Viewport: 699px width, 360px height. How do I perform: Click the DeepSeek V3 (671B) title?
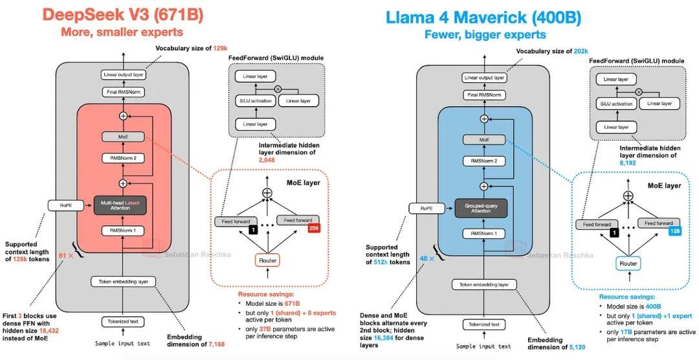point(122,14)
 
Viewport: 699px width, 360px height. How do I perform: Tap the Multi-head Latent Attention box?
point(122,205)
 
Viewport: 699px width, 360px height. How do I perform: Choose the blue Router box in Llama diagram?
point(628,264)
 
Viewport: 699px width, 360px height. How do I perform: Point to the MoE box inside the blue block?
point(483,140)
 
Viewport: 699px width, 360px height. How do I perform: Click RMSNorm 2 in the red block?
point(122,157)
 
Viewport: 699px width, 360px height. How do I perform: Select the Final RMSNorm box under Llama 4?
point(483,95)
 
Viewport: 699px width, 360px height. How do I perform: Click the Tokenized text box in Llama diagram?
point(483,325)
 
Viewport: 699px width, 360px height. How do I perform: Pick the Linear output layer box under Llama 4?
point(483,78)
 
